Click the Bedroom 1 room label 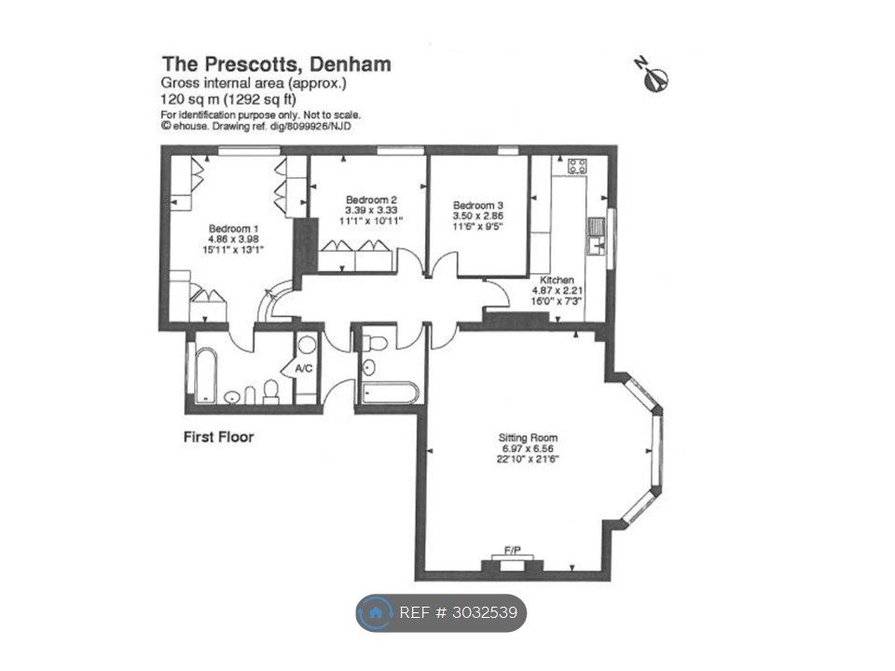tap(229, 229)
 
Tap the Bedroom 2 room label tap(371, 199)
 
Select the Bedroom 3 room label tap(478, 205)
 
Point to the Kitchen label tap(558, 281)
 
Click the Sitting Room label tap(528, 438)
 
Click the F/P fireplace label tap(513, 551)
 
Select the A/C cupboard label tap(304, 369)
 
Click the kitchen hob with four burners tap(577, 166)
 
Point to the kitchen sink tap(597, 236)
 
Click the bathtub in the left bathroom tap(205, 376)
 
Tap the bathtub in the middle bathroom tap(391, 392)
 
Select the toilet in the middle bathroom tap(375, 344)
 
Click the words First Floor tap(218, 437)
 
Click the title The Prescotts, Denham tap(277, 64)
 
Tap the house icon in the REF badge tap(376, 613)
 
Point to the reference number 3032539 tap(485, 613)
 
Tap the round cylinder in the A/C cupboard tap(307, 345)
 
